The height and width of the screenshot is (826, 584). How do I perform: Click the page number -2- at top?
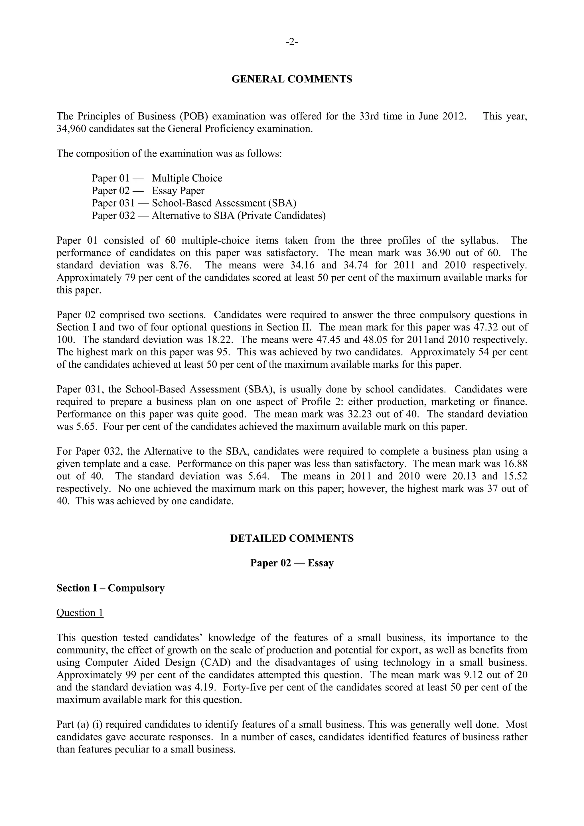click(x=292, y=42)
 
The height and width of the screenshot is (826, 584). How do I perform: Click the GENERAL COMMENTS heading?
click(x=292, y=79)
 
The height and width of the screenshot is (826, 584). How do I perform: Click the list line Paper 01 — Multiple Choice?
click(x=157, y=179)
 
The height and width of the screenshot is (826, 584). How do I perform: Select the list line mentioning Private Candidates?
click(x=208, y=216)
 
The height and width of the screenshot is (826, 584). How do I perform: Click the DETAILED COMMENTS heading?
click(x=292, y=538)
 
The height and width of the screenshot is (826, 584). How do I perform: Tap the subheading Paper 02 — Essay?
click(x=292, y=563)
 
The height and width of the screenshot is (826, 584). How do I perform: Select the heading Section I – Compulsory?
click(x=110, y=588)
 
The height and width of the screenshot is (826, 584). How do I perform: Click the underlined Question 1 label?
click(x=80, y=613)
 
